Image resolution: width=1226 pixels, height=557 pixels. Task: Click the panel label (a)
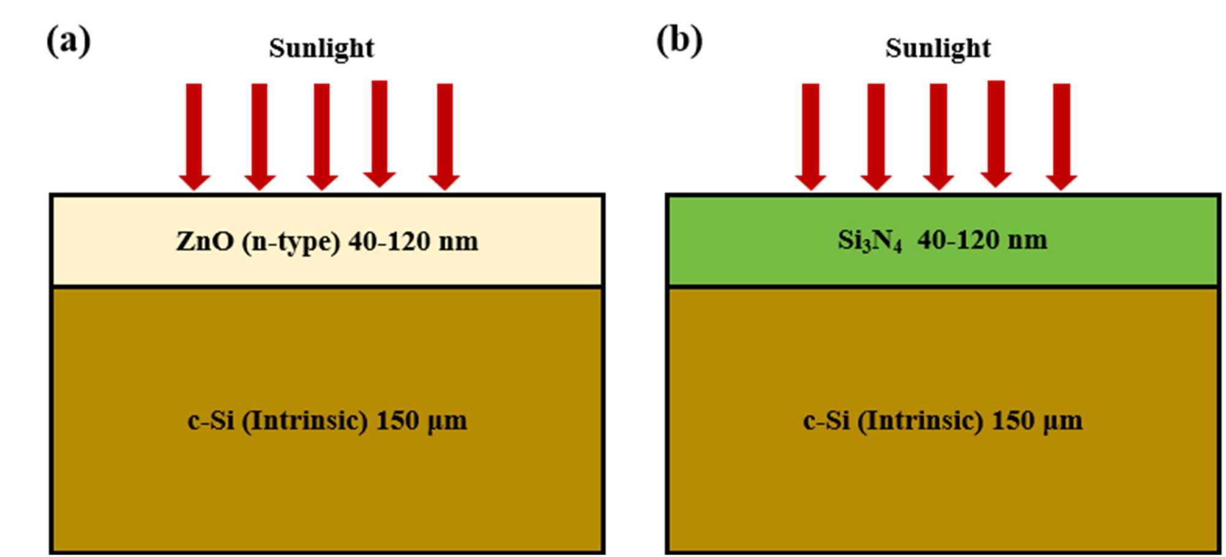pyautogui.click(x=69, y=42)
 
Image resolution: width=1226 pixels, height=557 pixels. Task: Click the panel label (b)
pyautogui.click(x=679, y=42)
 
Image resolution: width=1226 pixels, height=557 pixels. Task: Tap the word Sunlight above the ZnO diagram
pyautogui.click(x=321, y=48)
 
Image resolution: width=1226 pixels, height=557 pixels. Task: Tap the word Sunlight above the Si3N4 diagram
pyautogui.click(x=938, y=48)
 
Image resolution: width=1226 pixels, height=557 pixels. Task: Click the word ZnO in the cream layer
pyautogui.click(x=205, y=241)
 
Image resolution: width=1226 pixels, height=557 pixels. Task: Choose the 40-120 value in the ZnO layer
pyautogui.click(x=389, y=241)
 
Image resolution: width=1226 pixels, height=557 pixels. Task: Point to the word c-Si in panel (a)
pyautogui.click(x=211, y=421)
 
